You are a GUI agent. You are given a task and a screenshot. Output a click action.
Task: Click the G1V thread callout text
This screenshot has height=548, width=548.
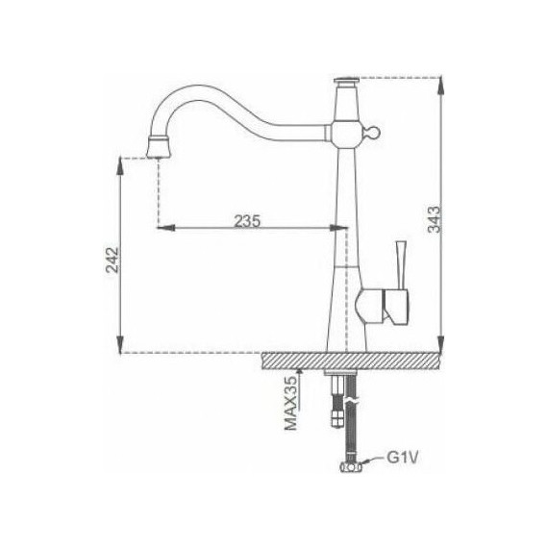pyautogui.click(x=404, y=459)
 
